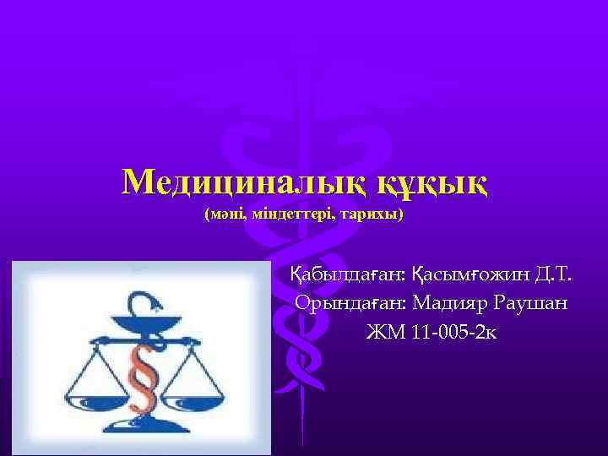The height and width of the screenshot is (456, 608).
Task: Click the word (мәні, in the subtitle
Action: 225,215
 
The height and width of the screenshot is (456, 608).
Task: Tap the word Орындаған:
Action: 350,302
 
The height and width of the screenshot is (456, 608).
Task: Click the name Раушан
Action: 532,302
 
